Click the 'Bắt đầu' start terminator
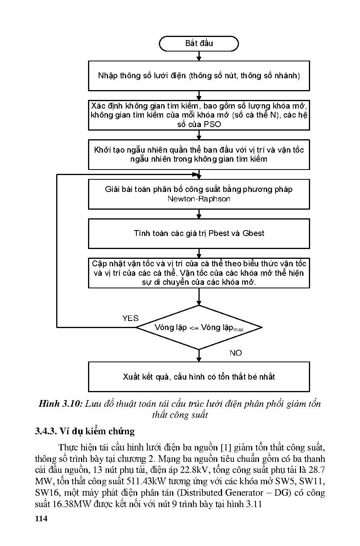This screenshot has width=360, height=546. (x=199, y=44)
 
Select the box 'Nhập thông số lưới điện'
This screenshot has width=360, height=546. (x=199, y=76)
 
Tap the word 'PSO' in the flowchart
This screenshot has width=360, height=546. (x=212, y=125)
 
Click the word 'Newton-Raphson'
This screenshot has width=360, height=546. (x=199, y=199)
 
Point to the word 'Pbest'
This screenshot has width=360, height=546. (x=219, y=233)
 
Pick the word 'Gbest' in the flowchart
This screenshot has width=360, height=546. (x=253, y=233)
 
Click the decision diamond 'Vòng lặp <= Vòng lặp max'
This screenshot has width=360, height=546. (x=199, y=327)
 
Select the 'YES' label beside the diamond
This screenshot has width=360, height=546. (x=130, y=318)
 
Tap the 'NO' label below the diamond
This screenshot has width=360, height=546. (x=236, y=353)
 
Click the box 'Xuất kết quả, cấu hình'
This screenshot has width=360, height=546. (x=199, y=376)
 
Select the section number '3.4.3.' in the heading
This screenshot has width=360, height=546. (x=46, y=431)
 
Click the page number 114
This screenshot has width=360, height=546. (x=41, y=518)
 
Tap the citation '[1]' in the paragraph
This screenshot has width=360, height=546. (x=226, y=447)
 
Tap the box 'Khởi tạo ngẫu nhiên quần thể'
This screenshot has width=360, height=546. (x=199, y=155)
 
